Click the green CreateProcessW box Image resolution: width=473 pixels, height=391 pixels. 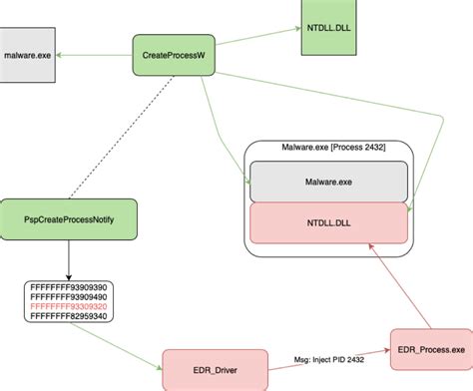(174, 56)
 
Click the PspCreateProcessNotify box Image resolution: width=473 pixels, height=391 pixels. (69, 217)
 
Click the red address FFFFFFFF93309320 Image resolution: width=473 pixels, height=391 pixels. (69, 306)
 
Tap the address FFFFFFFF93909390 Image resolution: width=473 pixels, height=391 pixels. (69, 286)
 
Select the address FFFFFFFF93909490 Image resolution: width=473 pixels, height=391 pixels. (69, 296)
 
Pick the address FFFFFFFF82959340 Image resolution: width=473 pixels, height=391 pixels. (69, 316)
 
